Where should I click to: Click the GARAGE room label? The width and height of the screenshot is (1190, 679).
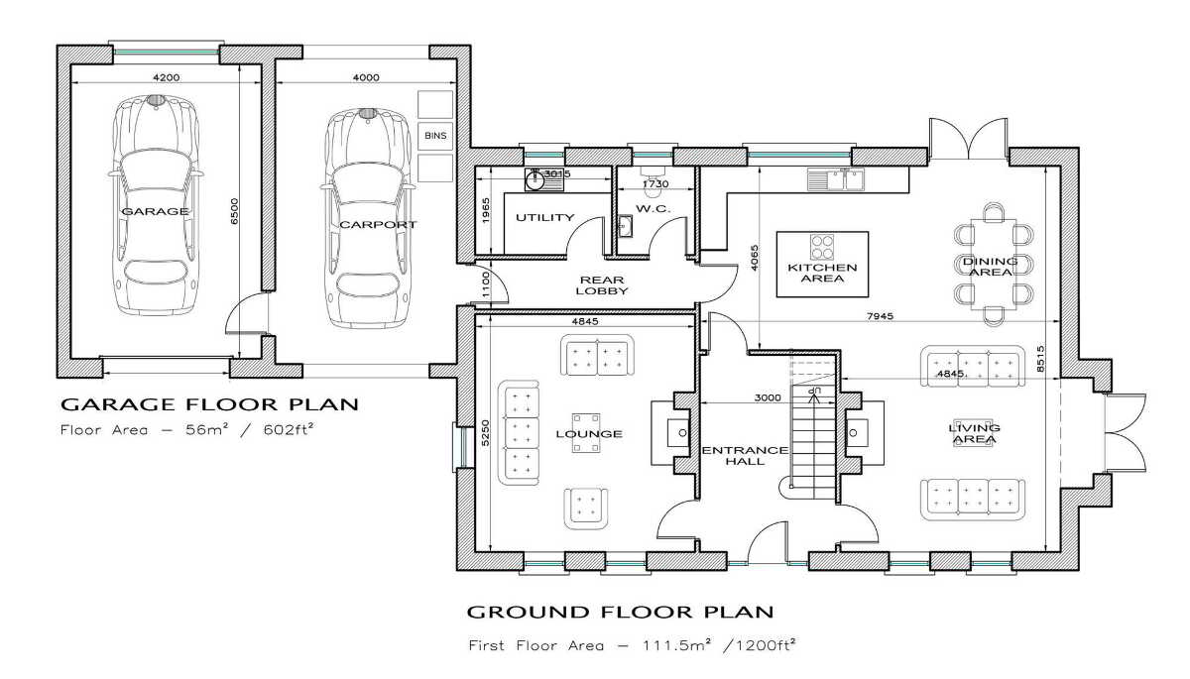pos(155,211)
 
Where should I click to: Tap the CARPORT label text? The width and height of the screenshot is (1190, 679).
pos(378,225)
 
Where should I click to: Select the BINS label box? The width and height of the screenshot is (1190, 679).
pos(435,136)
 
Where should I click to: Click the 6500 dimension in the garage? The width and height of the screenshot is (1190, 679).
pos(234,211)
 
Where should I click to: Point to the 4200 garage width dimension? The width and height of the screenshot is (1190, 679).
pos(167,77)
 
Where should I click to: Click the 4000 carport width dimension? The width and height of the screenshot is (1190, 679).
pos(366,77)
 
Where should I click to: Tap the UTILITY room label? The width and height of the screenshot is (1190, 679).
pos(545,218)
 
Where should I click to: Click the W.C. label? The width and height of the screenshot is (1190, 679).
pos(653,209)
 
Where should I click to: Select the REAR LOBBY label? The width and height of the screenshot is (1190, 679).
pos(602,285)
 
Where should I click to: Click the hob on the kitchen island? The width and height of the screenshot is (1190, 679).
pos(822,247)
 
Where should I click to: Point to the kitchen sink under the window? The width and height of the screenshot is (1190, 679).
pos(836,179)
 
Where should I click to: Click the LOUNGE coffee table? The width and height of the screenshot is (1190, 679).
pos(586,433)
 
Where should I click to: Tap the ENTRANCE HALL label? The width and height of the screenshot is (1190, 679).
pos(745,456)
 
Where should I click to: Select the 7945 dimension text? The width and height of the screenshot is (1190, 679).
pos(880,316)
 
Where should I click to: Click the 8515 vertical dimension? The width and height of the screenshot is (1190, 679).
pos(1039,359)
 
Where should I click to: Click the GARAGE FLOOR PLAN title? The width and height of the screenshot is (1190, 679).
pos(209,404)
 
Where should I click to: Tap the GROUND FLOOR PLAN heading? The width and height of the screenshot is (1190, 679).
pos(620,613)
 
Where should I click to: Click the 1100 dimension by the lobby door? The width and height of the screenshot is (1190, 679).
pos(485,285)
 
